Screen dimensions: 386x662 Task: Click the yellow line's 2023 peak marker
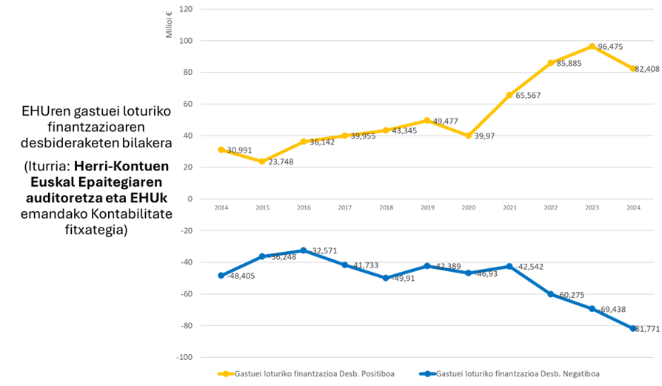point(592,46)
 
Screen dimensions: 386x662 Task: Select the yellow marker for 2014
point(221,149)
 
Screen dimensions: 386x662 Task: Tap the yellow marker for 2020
point(468,136)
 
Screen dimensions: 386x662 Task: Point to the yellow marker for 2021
point(509,95)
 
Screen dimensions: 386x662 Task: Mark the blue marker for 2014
point(221,276)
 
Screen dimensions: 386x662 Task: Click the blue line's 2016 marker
point(303,250)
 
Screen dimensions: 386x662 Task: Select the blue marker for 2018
point(386,278)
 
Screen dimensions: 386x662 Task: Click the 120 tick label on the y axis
point(186,10)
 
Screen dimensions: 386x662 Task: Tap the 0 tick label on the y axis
point(190,199)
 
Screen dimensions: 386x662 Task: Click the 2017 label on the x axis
point(345,208)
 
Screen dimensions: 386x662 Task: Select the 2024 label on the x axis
point(633,208)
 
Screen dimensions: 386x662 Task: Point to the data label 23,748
point(280,162)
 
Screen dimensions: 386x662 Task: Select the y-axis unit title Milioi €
point(169,26)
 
